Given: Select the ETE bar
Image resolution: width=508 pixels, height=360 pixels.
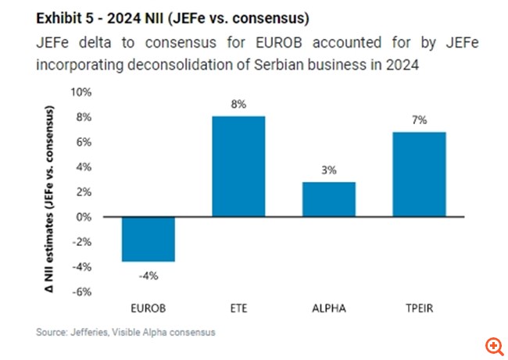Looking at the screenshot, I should click(239, 166).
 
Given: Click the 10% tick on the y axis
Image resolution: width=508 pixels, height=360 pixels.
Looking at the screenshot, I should click(81, 92).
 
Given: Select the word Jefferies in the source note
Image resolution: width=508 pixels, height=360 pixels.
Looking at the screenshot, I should click(88, 333).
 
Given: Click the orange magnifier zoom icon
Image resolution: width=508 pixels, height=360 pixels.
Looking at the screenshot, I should click(492, 345).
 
